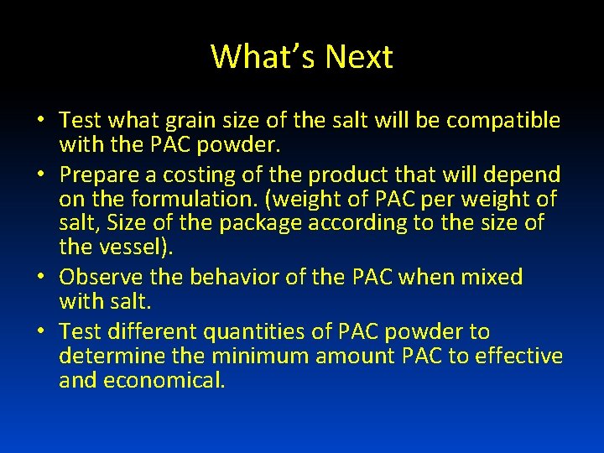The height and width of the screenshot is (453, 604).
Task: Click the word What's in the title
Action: click(263, 57)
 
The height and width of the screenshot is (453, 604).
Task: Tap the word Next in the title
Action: click(358, 57)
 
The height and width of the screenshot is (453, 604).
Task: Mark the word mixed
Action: click(487, 277)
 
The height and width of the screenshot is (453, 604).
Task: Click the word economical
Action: click(164, 381)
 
